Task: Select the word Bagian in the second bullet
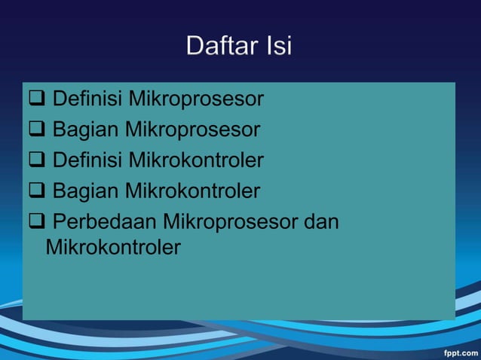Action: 86,130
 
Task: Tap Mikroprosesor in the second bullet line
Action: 192,130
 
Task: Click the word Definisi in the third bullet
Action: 87,160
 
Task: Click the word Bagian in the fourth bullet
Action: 86,191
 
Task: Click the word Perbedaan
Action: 105,222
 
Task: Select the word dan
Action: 320,222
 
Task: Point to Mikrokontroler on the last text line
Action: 113,247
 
